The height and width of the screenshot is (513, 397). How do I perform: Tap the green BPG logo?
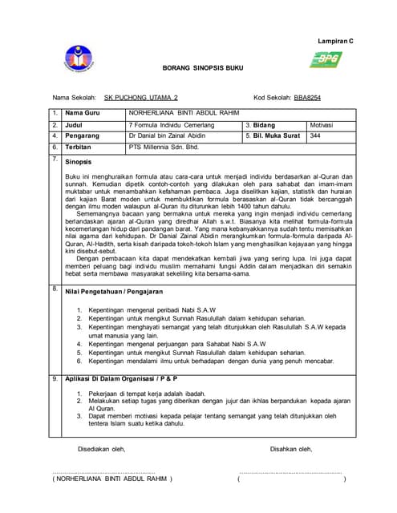[x=327, y=59]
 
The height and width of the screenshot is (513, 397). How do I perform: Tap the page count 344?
[x=315, y=136]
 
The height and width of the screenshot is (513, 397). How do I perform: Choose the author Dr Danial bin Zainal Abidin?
[x=167, y=136]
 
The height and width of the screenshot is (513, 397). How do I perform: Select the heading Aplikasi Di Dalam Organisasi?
[x=120, y=378]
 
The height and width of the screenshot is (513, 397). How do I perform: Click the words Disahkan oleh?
[x=291, y=449]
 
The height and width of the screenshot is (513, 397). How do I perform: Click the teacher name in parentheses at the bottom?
[x=112, y=479]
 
